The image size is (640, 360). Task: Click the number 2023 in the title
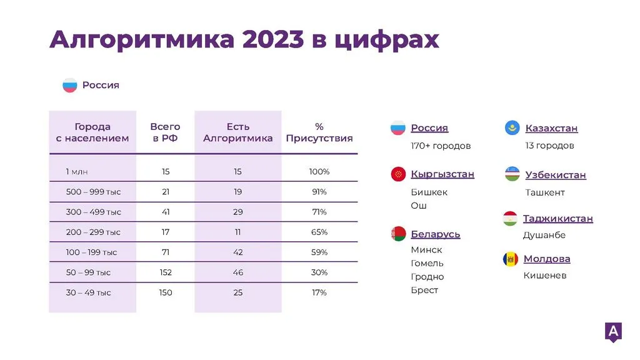272,39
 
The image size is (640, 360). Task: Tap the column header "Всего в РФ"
165,132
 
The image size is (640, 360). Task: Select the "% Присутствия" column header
319,132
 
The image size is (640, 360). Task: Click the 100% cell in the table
319,171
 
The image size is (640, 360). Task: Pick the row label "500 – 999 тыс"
94,192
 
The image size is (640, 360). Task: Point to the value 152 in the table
165,272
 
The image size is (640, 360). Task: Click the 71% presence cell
319,212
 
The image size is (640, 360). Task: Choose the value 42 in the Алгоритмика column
238,252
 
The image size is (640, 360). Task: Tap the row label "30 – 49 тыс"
88,292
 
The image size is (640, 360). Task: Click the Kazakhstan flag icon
512,127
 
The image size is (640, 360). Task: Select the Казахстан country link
551,128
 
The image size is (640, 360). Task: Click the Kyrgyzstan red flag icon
398,174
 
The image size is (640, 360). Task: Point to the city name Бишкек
429,192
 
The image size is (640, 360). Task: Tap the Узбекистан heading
556,175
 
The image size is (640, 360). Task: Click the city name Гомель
427,263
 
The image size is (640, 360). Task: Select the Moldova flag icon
510,259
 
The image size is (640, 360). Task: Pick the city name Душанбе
544,235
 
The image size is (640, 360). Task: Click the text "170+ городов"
441,146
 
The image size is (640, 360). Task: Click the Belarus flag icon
398,234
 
